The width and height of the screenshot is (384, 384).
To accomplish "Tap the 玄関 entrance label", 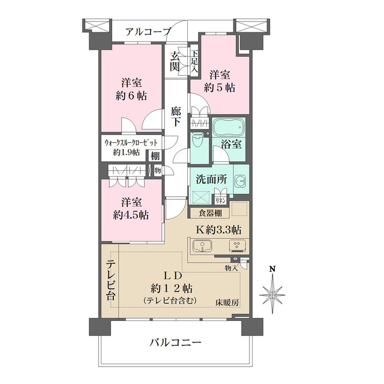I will [x=175, y=61].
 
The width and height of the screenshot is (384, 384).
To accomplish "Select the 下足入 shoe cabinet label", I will [x=194, y=61].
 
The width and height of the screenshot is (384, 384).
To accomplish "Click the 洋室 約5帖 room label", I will [x=219, y=80].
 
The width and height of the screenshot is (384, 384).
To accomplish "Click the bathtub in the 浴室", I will [x=229, y=128].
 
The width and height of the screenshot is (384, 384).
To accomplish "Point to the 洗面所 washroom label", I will [x=210, y=179].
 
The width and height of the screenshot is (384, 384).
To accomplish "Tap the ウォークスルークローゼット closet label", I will [x=131, y=147].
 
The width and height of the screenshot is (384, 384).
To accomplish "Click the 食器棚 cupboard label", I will [x=209, y=213].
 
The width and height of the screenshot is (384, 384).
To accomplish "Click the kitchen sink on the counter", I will [x=203, y=247].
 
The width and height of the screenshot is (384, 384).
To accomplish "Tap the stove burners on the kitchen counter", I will [x=236, y=247].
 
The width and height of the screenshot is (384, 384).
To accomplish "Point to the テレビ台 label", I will [x=112, y=280].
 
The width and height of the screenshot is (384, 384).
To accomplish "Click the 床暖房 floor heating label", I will [x=228, y=302].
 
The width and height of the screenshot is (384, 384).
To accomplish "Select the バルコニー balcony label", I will [x=175, y=343].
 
